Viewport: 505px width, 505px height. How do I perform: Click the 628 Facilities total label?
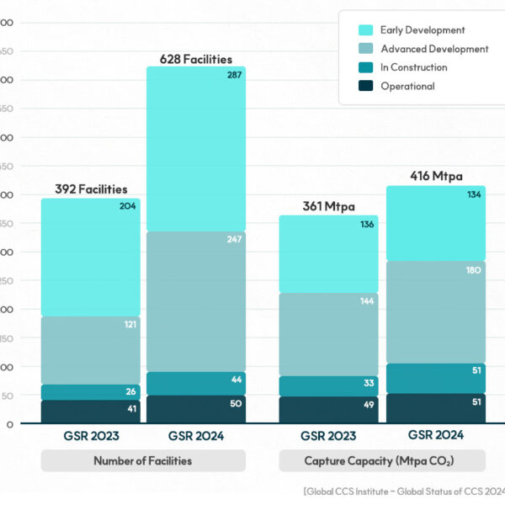[x=196, y=58]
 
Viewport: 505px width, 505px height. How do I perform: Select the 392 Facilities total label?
[x=91, y=189]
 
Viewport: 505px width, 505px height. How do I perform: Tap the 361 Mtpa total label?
[x=328, y=206]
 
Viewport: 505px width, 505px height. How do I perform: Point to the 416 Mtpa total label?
[x=436, y=176]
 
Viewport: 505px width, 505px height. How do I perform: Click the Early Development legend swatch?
[x=365, y=30]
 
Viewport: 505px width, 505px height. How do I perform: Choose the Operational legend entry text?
[x=407, y=86]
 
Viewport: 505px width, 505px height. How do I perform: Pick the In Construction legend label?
[x=413, y=67]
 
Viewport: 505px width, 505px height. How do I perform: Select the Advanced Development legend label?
[x=434, y=49]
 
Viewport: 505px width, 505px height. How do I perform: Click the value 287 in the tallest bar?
[x=235, y=76]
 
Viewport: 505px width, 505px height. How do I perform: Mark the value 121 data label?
[x=130, y=324]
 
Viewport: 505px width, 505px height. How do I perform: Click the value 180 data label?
[x=473, y=270]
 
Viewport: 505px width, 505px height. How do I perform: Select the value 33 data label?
[x=369, y=384]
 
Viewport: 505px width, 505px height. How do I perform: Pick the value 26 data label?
[x=130, y=392]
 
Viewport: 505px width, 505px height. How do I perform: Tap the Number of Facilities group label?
[x=143, y=460]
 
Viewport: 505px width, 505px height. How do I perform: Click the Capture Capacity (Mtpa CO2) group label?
[x=381, y=460]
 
